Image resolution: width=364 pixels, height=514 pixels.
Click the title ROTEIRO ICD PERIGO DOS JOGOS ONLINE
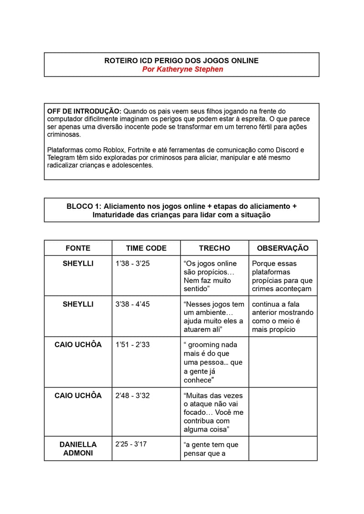(182, 60)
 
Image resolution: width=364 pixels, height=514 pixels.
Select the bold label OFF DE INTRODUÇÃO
(84, 111)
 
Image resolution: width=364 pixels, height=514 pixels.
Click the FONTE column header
(78, 248)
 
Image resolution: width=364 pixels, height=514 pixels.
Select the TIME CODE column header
(146, 248)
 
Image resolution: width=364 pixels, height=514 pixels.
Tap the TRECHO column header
(214, 248)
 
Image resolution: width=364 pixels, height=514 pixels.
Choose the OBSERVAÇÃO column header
(283, 248)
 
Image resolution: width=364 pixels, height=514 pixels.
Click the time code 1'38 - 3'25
(132, 263)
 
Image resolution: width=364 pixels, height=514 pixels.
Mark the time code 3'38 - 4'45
(132, 304)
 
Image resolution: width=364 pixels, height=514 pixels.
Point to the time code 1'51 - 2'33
(132, 345)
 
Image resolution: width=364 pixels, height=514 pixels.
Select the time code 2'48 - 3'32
(132, 395)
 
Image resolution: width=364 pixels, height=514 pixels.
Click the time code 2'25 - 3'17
(131, 444)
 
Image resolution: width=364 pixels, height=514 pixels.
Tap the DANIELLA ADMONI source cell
(78, 448)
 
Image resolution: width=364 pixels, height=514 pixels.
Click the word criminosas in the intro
(64, 135)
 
